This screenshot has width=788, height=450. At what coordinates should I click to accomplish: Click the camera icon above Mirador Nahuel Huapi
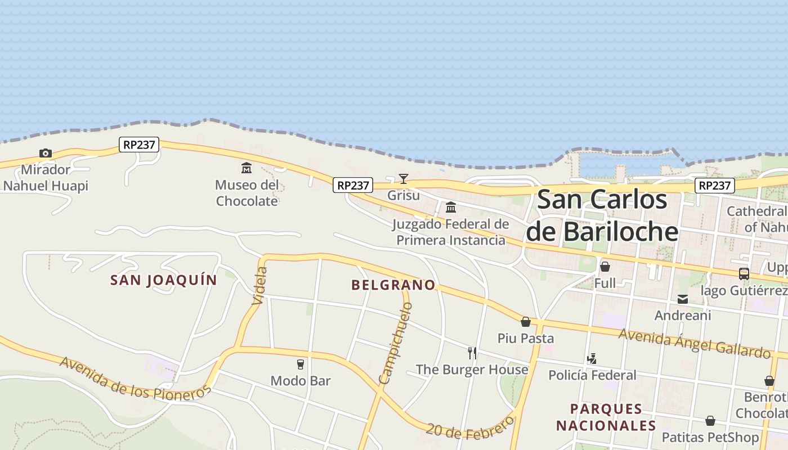tap(46, 153)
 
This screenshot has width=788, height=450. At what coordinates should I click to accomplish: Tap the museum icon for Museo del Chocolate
tap(247, 168)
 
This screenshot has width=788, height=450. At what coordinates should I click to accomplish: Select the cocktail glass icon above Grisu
tap(404, 179)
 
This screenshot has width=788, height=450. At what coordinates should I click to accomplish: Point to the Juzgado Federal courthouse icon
tap(450, 208)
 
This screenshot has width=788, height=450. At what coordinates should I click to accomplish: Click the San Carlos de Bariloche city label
tap(602, 215)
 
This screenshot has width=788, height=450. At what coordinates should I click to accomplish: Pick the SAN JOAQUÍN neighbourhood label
tap(164, 280)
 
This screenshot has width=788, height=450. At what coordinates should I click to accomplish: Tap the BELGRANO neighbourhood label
tap(393, 285)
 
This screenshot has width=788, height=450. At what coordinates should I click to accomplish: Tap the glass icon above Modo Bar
tap(301, 364)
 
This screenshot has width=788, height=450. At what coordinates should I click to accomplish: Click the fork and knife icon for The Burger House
tap(472, 353)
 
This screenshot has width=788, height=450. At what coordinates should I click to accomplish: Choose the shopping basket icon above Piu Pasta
tap(526, 322)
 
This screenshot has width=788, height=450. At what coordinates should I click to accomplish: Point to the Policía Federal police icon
tap(592, 358)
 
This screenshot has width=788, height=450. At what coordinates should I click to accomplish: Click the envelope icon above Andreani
tap(683, 299)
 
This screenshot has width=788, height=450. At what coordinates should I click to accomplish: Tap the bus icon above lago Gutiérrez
tap(744, 274)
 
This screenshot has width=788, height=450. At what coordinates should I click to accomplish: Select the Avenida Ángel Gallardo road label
tap(695, 343)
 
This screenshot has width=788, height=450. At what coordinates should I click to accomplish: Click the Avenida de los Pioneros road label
tap(135, 378)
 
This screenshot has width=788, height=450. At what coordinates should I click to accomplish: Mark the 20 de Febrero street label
tap(470, 426)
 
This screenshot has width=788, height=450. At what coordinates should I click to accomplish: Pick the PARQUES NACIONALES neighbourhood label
tap(606, 417)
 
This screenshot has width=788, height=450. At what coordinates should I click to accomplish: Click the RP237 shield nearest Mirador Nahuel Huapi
tap(139, 145)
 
